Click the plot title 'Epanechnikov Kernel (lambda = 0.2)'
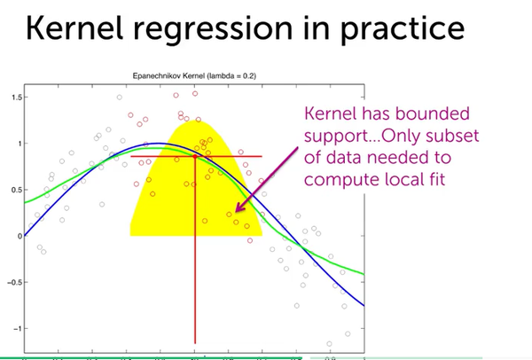pos(195,78)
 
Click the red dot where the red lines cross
pos(195,156)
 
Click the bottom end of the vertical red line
pos(195,342)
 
